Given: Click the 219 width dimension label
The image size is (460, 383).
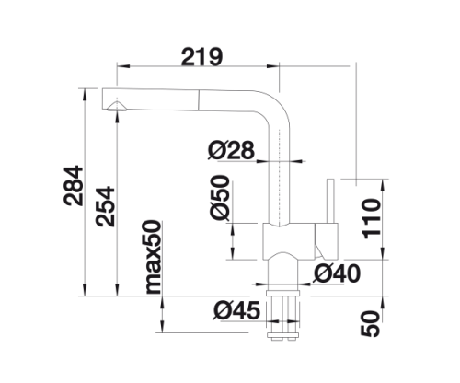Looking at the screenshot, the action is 201,57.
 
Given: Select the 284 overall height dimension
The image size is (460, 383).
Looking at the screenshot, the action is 73,186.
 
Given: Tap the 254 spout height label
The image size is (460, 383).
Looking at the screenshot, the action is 105,206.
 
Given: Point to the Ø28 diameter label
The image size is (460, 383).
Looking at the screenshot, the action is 231,150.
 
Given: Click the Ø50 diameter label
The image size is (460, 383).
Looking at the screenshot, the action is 220,198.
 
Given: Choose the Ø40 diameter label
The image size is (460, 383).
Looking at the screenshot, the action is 337,273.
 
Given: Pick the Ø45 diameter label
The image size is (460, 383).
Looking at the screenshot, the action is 236,310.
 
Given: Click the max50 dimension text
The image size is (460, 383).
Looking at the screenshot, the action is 154,257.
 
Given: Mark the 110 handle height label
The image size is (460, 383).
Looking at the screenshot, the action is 372,218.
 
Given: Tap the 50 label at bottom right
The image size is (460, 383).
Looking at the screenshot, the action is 371,324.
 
